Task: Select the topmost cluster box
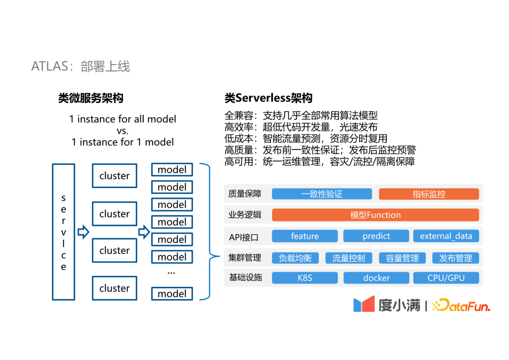115,176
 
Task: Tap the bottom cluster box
115,288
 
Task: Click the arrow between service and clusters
83,232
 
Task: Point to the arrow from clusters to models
144,232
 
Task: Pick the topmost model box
172,170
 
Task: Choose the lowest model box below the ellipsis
172,294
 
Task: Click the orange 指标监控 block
429,194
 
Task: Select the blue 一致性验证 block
322,194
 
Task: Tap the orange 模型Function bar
375,215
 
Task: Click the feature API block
305,236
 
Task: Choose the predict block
376,236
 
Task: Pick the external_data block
446,236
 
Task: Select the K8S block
305,278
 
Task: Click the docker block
376,278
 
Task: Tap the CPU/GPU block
446,278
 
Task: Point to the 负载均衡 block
295,258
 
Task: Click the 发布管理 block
455,258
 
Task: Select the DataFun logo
461,305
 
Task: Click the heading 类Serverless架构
269,98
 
